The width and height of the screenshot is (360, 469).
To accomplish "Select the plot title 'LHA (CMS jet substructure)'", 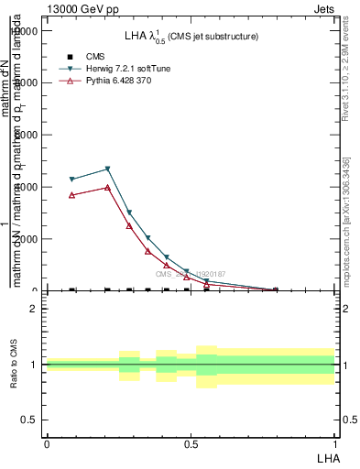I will [x=191, y=36].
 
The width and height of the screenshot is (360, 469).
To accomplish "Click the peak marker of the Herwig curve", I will [x=108, y=169].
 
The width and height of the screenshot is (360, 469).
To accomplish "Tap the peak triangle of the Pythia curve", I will [x=108, y=187].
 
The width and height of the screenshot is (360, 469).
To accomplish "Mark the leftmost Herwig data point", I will [x=72, y=180].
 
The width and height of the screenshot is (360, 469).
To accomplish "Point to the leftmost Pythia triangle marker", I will [x=72, y=195].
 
